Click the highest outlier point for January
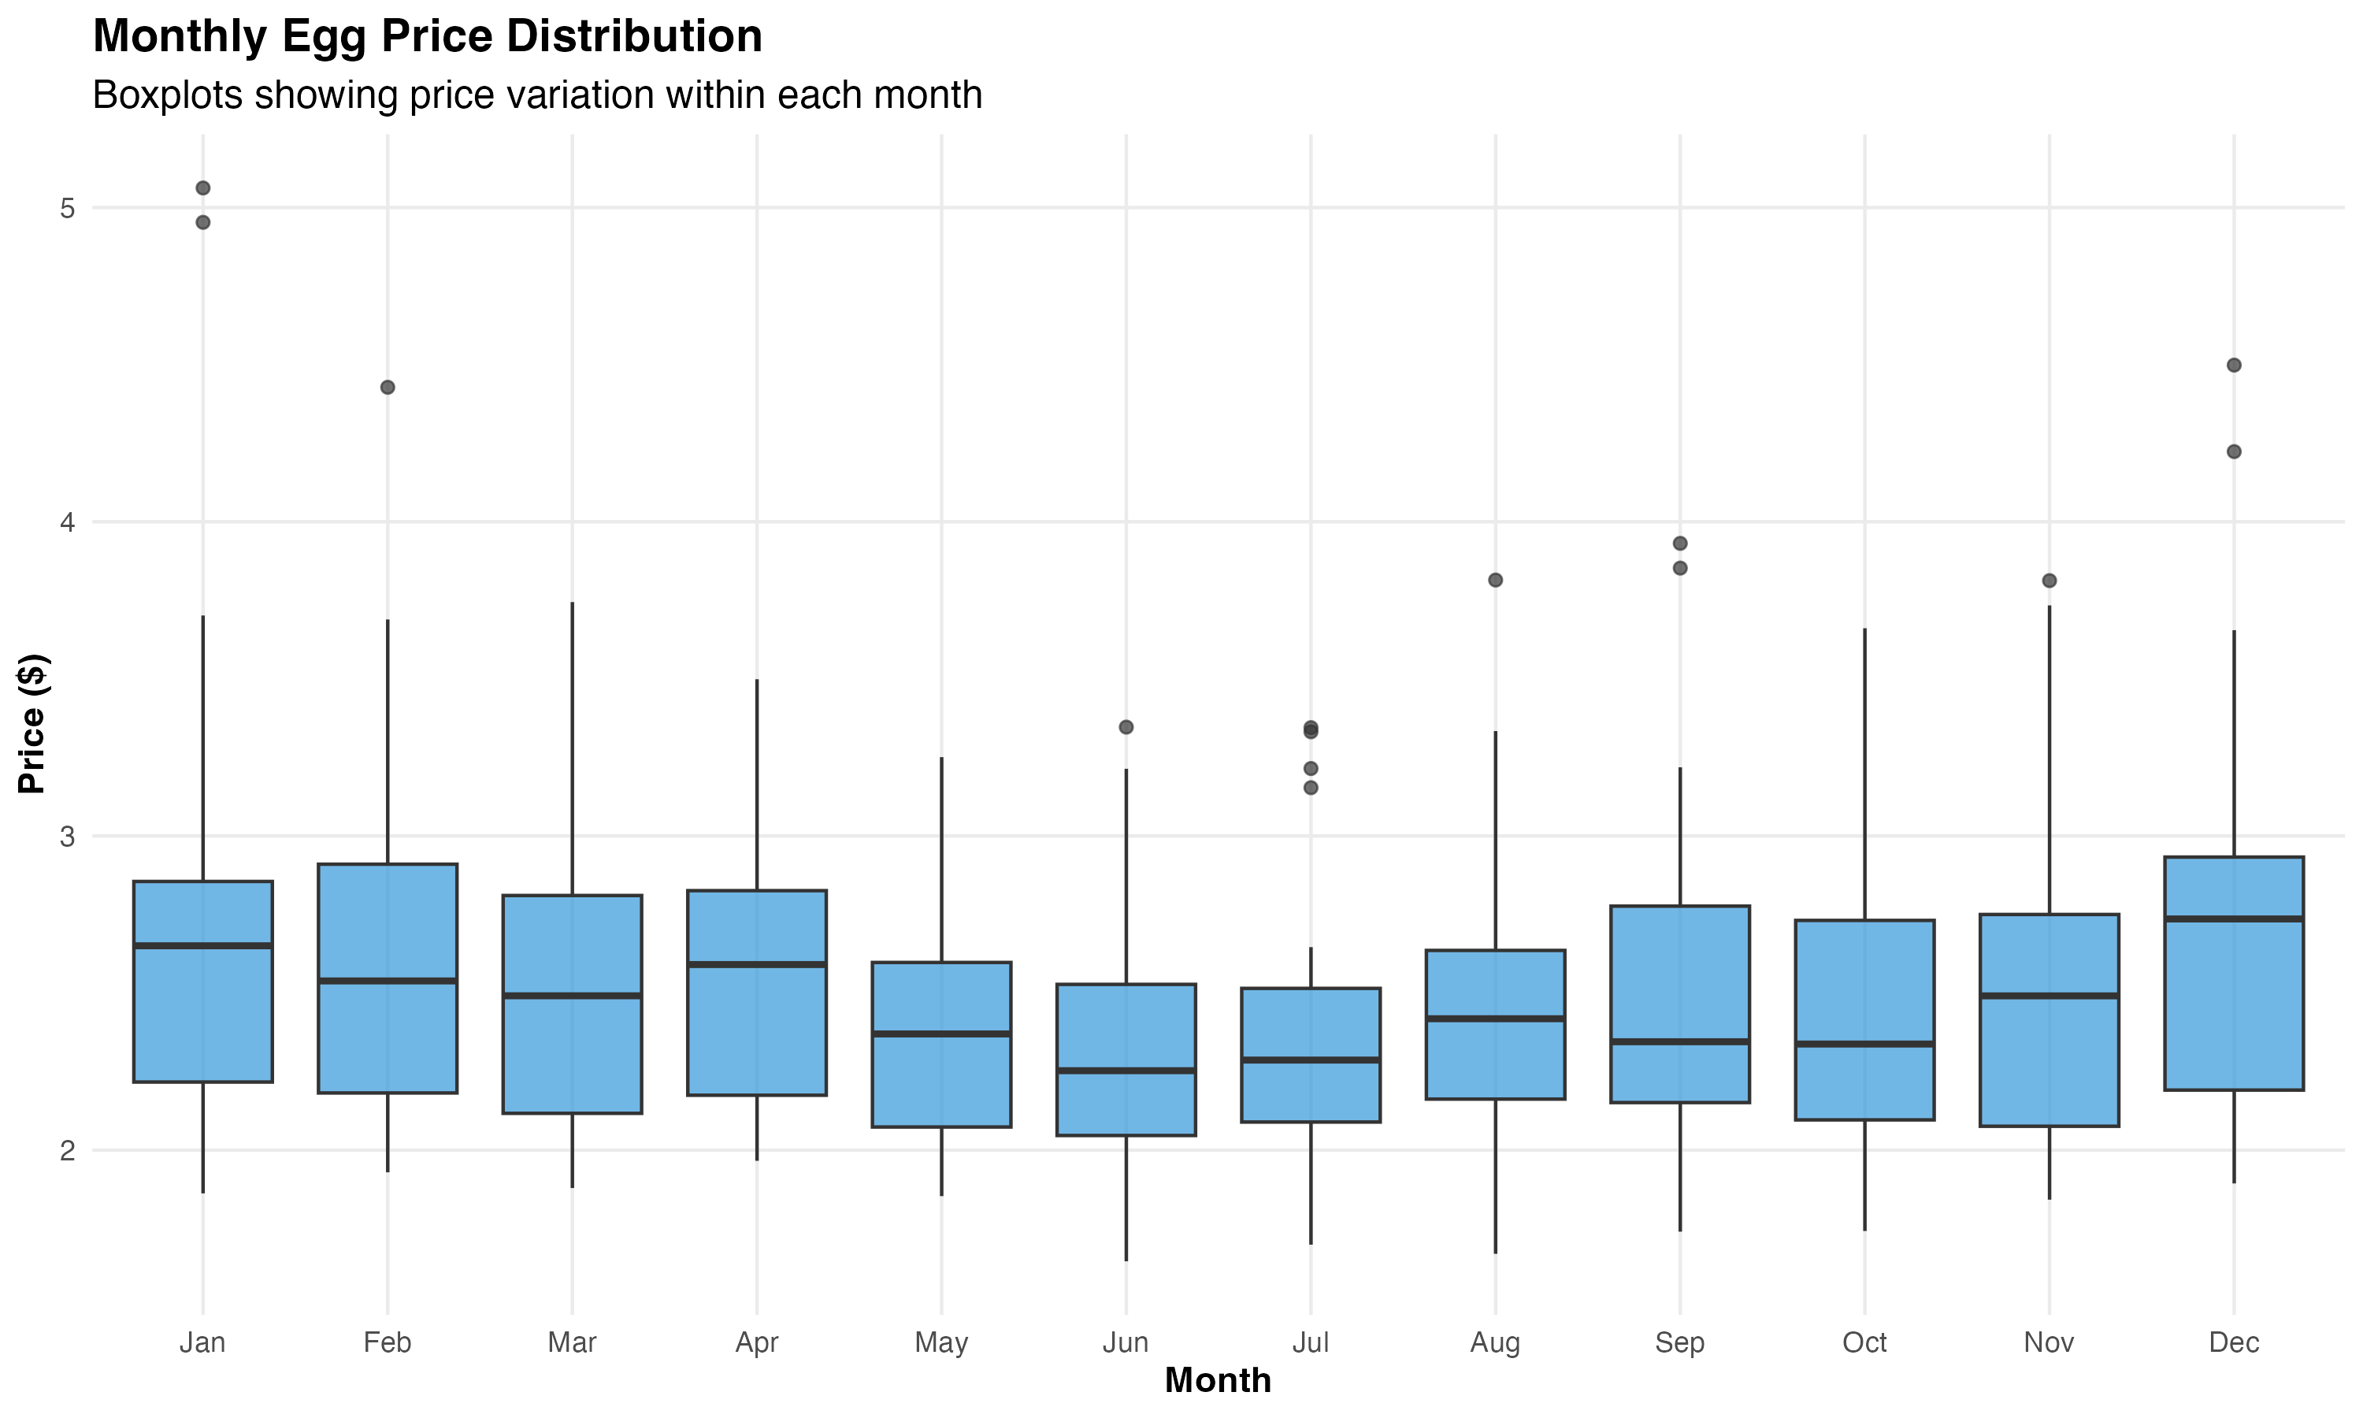[x=202, y=188]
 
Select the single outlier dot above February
[x=388, y=387]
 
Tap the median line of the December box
[x=2233, y=919]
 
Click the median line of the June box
[x=1126, y=1070]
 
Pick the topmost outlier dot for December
[x=2234, y=365]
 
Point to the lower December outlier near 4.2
[x=2234, y=451]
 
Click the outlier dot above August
[x=1496, y=580]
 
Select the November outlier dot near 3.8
[x=2049, y=581]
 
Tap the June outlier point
[x=1126, y=727]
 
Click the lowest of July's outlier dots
[x=1311, y=787]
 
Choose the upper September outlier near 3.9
[x=1680, y=544]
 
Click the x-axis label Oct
[x=1864, y=1342]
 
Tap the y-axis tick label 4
[x=67, y=522]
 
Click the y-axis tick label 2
[x=67, y=1150]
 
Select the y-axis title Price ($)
[x=31, y=723]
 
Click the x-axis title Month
[x=1218, y=1381]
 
